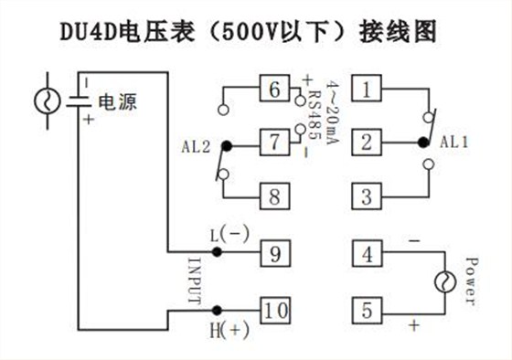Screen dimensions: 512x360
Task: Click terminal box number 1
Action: pyautogui.click(x=367, y=90)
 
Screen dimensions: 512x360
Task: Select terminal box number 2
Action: pyautogui.click(x=367, y=143)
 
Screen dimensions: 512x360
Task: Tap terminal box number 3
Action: pyautogui.click(x=367, y=196)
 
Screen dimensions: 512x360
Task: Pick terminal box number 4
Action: pyautogui.click(x=367, y=252)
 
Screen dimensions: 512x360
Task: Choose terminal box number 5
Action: pyautogui.click(x=367, y=310)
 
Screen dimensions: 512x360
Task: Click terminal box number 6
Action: pyautogui.click(x=273, y=90)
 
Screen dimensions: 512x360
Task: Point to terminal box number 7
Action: pyautogui.click(x=273, y=143)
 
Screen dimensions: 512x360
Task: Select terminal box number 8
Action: pyautogui.click(x=273, y=196)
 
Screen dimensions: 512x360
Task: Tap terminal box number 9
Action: pyautogui.click(x=273, y=252)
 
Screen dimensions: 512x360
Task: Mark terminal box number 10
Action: pyautogui.click(x=273, y=310)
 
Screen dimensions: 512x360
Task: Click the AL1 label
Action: pyautogui.click(x=454, y=143)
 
